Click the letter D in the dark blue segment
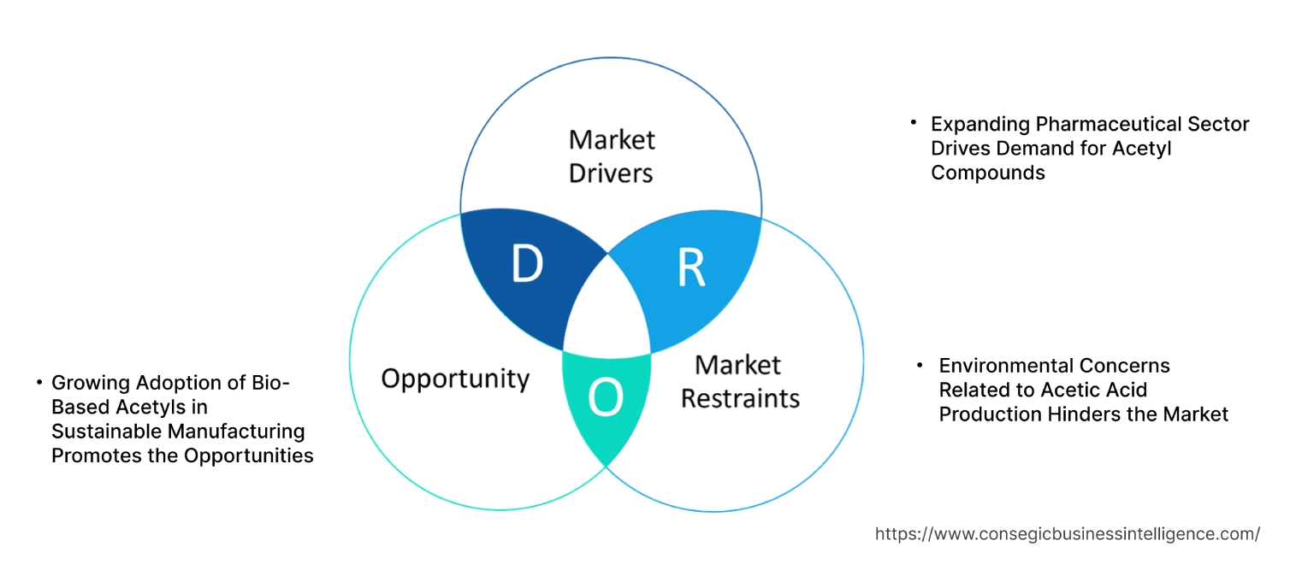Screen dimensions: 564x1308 [x=527, y=265]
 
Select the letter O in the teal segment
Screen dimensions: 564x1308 [x=606, y=399]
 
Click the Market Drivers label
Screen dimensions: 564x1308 [x=611, y=156]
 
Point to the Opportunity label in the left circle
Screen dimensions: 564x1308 [x=455, y=379]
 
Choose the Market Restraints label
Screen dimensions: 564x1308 [x=739, y=381]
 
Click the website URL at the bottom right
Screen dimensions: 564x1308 [x=1067, y=534]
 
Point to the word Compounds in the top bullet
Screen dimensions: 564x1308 [x=988, y=173]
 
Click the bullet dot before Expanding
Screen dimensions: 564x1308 [x=914, y=123]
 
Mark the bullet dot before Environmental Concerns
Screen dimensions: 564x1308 [x=920, y=365]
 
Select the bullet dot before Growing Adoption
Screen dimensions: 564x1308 [x=39, y=383]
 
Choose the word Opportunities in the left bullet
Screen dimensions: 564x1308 [x=248, y=455]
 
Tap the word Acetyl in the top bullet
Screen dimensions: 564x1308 [x=1142, y=149]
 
